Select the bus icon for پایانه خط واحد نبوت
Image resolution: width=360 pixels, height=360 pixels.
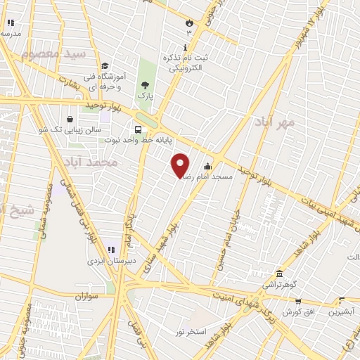pyautogui.click(x=137, y=129)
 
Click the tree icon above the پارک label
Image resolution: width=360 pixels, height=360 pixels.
pyautogui.click(x=145, y=84)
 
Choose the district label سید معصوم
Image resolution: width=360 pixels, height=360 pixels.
pyautogui.click(x=53, y=54)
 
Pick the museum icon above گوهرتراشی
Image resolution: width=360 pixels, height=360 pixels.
pyautogui.click(x=279, y=274)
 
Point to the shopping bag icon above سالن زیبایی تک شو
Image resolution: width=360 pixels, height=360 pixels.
pyautogui.click(x=70, y=119)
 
